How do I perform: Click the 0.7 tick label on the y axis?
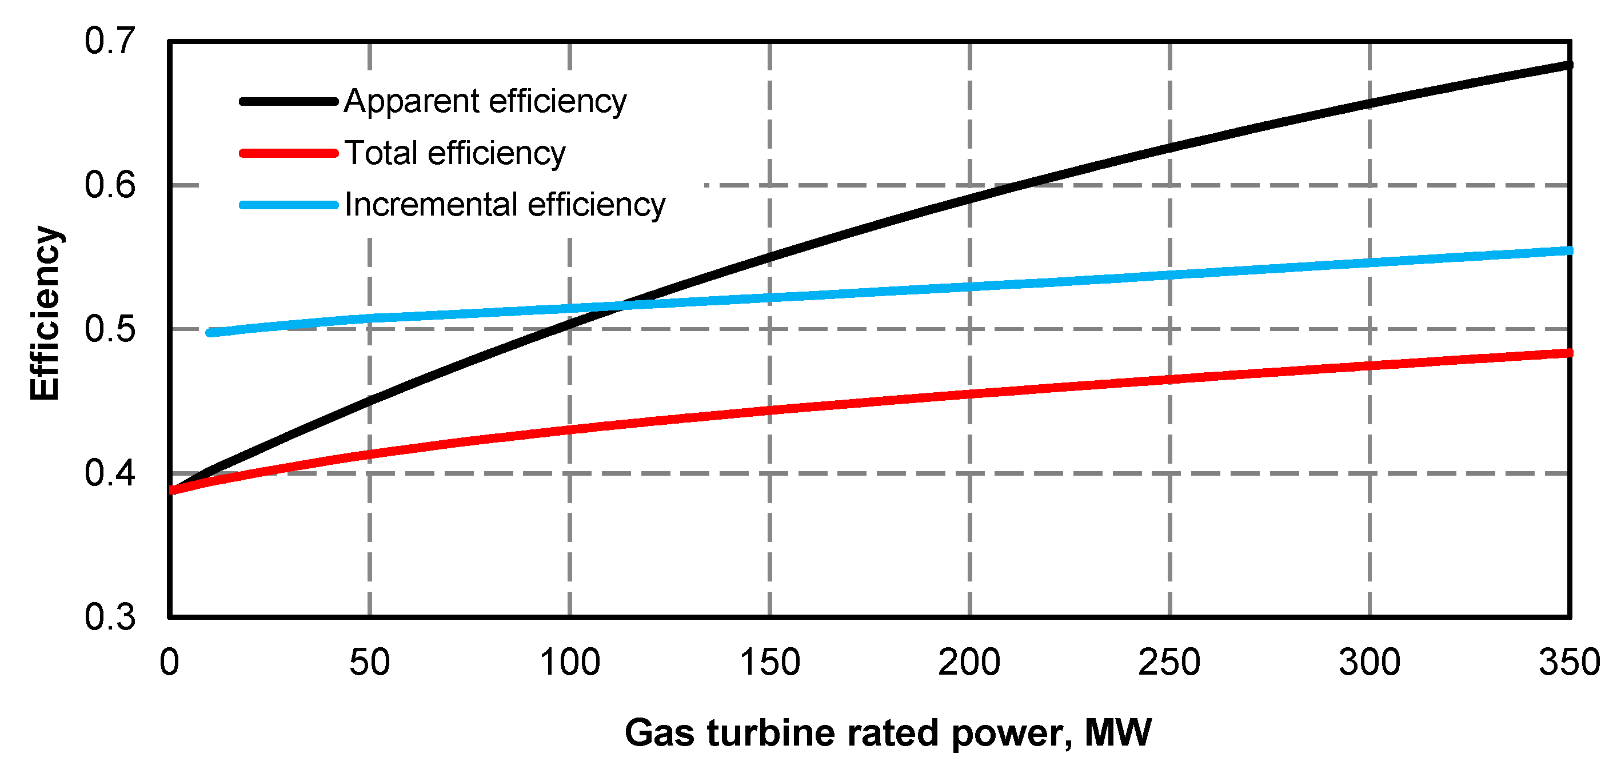click(x=109, y=41)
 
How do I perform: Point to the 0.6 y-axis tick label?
click(x=109, y=186)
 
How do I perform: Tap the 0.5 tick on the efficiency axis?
click(x=109, y=329)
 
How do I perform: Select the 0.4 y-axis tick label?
click(x=109, y=473)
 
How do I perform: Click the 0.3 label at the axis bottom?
click(x=109, y=617)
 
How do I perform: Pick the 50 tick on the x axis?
click(x=369, y=663)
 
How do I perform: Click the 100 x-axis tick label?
click(x=569, y=663)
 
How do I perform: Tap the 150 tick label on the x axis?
click(x=769, y=663)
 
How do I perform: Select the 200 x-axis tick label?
click(x=969, y=663)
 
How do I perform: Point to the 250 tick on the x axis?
click(x=1169, y=663)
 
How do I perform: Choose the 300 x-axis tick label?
click(x=1368, y=663)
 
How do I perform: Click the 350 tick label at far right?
click(x=1568, y=663)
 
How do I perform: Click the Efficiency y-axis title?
click(x=45, y=313)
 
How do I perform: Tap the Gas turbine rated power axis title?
click(x=888, y=732)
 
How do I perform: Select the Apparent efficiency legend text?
click(x=485, y=101)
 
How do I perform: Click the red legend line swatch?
click(x=289, y=153)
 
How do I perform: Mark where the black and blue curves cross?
click(x=622, y=306)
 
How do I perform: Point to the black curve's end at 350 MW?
click(x=1568, y=65)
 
